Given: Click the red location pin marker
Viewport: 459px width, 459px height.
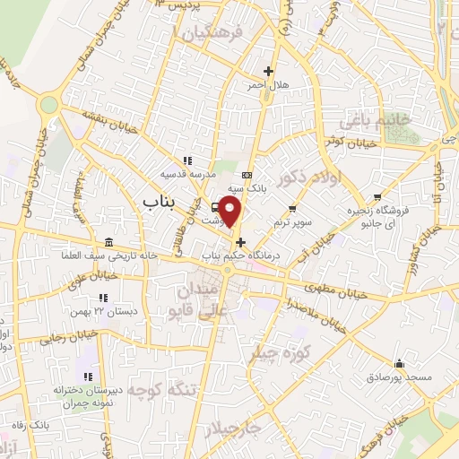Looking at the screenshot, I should pyautogui.click(x=231, y=213).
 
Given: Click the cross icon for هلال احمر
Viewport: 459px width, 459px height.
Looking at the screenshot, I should pyautogui.click(x=268, y=71).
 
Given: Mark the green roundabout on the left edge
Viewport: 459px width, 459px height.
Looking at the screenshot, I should pyautogui.click(x=48, y=105).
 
